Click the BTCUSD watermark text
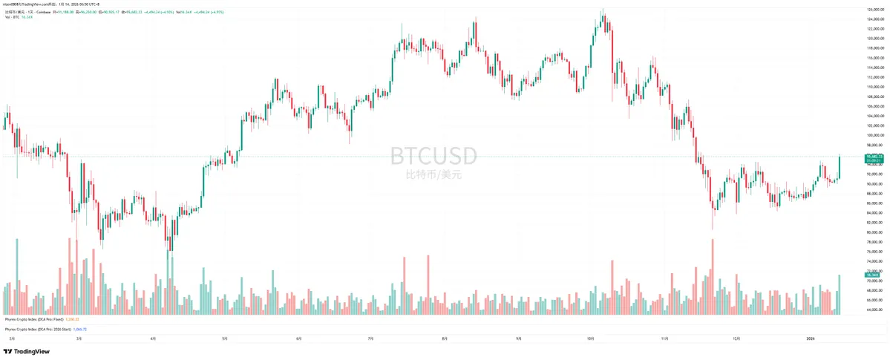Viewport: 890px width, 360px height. [x=434, y=156]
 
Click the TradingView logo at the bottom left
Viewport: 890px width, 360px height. [x=22, y=351]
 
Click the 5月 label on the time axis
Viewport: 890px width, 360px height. [x=226, y=338]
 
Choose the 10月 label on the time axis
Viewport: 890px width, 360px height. [x=591, y=338]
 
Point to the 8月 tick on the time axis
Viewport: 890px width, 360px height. [x=444, y=338]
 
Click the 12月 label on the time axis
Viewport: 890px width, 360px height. [x=736, y=338]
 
